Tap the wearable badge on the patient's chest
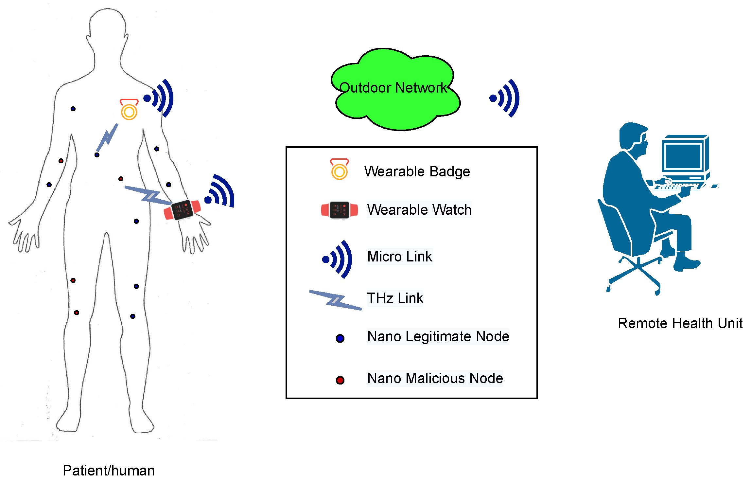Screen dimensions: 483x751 [x=129, y=110]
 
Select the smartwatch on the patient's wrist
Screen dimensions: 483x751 [x=182, y=210]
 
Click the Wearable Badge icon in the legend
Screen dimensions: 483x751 [x=339, y=170]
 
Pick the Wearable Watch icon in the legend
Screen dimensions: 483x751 [x=340, y=210]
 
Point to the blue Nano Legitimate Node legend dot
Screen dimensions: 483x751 [x=340, y=338]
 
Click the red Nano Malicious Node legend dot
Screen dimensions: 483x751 [x=340, y=380]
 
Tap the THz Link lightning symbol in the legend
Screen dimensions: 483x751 [x=335, y=300]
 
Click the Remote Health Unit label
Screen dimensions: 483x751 [x=680, y=323]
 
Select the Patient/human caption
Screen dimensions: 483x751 [x=109, y=471]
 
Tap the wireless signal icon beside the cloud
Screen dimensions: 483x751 [x=505, y=98]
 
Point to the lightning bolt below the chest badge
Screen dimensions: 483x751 [x=108, y=137]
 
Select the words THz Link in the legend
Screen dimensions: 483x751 [x=395, y=298]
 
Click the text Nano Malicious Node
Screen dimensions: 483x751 [x=435, y=378]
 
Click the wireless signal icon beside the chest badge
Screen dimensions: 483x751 [x=159, y=98]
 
